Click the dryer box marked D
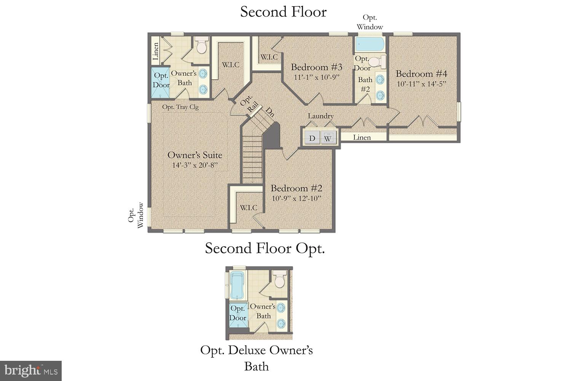coord(312,138)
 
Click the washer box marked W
coord(328,138)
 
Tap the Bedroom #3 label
coord(316,67)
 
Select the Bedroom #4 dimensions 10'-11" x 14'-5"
coord(421,84)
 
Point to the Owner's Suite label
coord(195,155)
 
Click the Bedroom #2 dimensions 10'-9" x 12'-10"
coord(297,199)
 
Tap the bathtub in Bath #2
coord(369,45)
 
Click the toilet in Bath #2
coord(377,61)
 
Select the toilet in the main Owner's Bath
coord(201,45)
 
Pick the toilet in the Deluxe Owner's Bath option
coord(280,280)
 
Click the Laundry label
coord(321,116)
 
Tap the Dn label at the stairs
coord(270,112)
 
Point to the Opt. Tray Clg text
coord(180,107)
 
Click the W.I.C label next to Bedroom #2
coord(248,208)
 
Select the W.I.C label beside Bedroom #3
coord(269,57)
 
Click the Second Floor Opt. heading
coord(265,248)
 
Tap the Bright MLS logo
coord(31,370)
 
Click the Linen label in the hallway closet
coord(362,137)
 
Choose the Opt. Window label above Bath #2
coord(370,22)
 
